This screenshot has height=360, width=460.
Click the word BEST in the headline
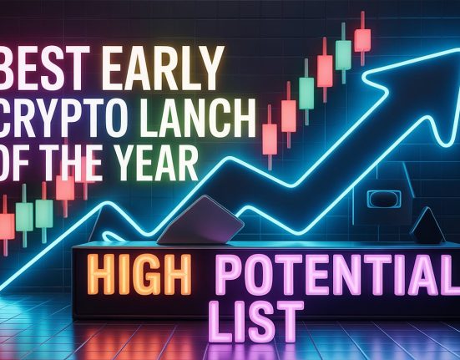45,68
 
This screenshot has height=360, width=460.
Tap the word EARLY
163,68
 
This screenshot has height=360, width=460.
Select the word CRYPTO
63,119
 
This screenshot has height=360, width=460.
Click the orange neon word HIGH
139,275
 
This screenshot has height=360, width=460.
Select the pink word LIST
257,322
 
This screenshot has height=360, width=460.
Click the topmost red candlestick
362,38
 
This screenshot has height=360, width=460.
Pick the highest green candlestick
343,53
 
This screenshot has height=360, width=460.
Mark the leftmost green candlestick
24,215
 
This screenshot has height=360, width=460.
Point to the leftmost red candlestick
6,225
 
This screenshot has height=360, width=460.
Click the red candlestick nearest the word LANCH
270,138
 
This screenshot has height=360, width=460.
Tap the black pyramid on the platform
427,226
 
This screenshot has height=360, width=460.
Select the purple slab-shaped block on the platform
200,221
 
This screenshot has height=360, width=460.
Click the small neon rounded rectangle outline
384,199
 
